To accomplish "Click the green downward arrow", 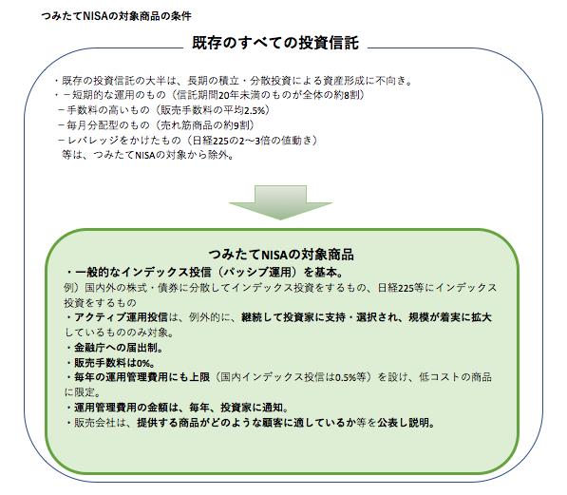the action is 280,202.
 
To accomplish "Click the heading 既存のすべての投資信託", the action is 275,43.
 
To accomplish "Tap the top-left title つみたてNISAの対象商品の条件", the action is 116,16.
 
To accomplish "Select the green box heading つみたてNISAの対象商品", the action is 281,255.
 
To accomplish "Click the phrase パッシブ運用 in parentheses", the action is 259,272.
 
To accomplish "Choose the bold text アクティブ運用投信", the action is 122,317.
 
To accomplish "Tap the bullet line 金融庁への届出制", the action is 115,348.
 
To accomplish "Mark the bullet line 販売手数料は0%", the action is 111,363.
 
